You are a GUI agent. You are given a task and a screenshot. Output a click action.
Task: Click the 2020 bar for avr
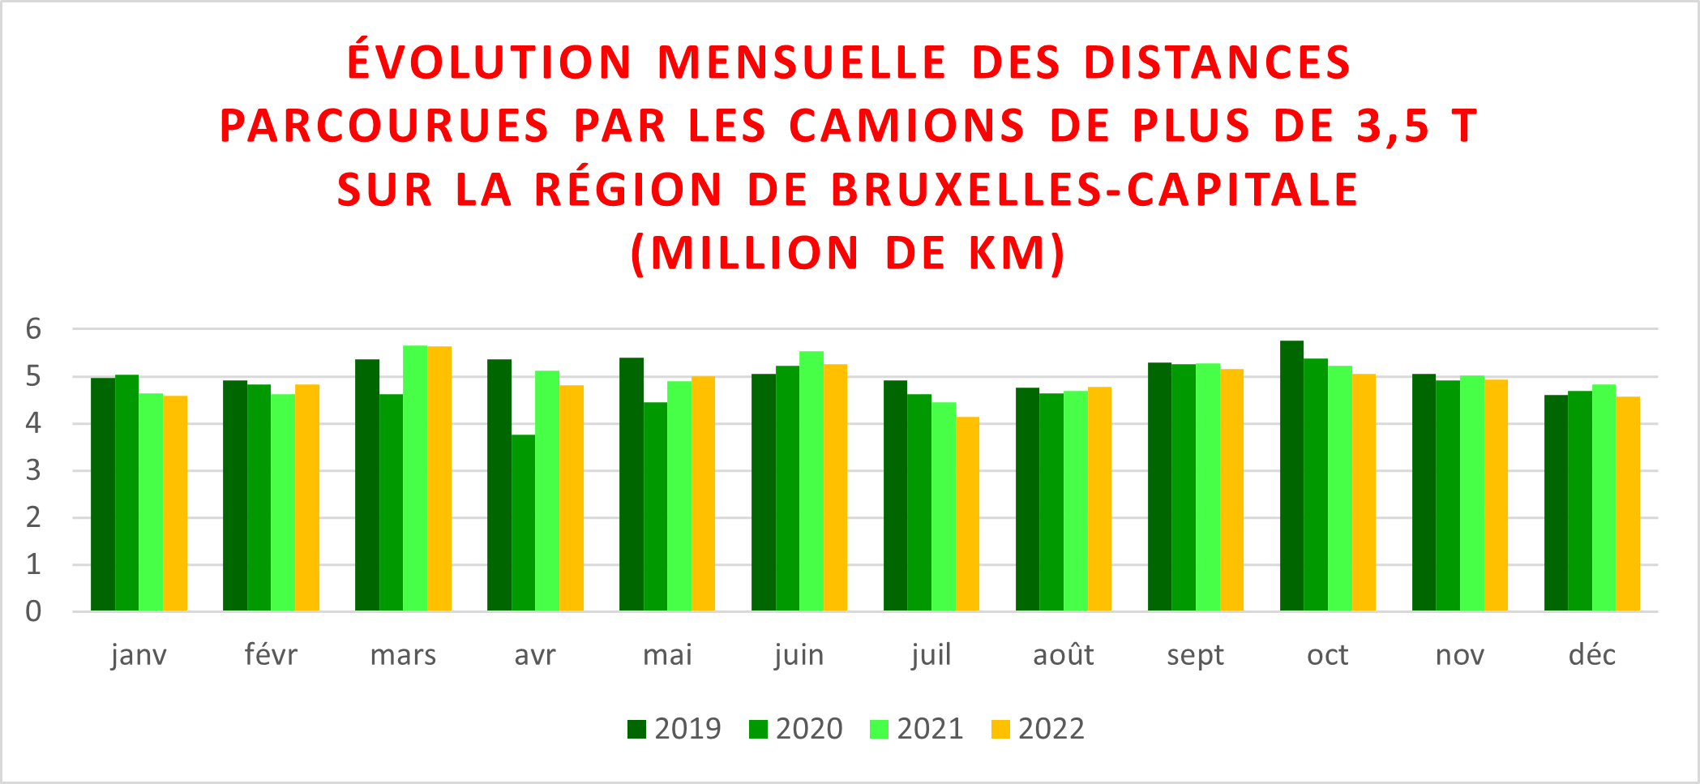[524, 523]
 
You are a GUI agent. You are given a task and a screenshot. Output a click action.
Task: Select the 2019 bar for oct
[1291, 476]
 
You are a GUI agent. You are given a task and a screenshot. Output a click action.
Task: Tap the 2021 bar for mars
[415, 478]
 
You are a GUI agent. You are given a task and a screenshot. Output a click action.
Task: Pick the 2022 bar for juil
[967, 514]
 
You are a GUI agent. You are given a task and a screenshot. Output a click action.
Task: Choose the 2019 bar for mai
[632, 484]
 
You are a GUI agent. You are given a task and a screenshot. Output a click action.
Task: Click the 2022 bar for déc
[1628, 503]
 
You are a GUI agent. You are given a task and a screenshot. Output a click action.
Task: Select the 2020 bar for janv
[127, 493]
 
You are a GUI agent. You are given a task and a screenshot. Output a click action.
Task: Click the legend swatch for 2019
[636, 730]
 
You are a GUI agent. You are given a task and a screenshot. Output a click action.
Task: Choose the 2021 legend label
[930, 730]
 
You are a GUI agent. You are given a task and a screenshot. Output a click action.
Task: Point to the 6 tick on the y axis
[33, 329]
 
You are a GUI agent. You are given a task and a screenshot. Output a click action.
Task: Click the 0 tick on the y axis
[33, 611]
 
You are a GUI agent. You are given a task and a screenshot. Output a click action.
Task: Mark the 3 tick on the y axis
[33, 470]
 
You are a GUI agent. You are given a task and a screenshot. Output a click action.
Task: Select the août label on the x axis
[1063, 655]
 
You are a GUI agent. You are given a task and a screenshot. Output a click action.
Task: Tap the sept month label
[1195, 655]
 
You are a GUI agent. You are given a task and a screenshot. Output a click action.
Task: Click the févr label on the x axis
[271, 655]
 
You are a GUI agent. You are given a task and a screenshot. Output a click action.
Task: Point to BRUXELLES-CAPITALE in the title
[1094, 190]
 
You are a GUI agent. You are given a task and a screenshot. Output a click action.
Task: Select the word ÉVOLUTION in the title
[490, 62]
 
